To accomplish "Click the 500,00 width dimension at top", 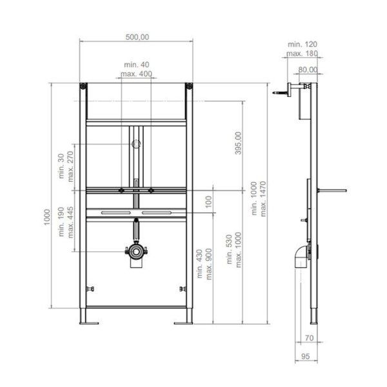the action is pos(137,37).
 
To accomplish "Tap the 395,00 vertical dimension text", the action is pos(238,143).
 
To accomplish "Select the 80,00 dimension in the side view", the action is pos(308,70).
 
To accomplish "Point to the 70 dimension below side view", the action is pos(309,338).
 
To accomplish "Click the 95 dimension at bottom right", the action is pos(305,357).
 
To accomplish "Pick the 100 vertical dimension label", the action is pos(208,202).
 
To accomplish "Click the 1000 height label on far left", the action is pos(47,217).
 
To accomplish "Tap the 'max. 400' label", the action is pos(136,74).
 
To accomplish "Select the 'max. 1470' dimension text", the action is pos(263,199).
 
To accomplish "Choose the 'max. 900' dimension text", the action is pos(209,264).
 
